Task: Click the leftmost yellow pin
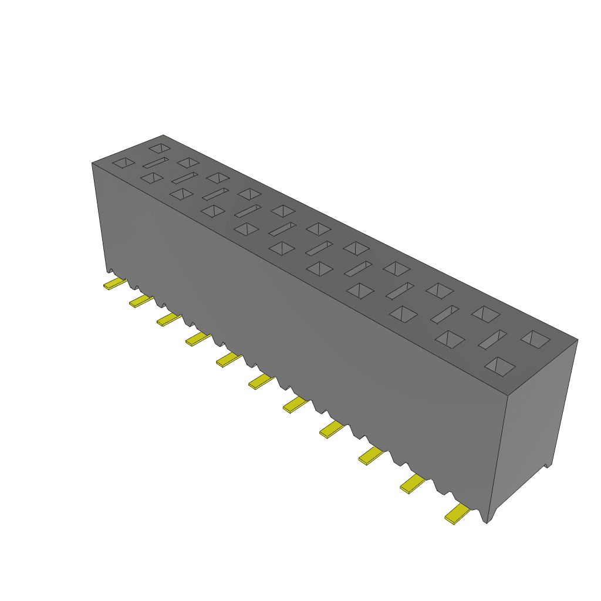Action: tap(114, 284)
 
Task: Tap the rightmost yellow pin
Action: tap(458, 515)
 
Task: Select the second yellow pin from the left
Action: tap(141, 301)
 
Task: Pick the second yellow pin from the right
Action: tap(413, 483)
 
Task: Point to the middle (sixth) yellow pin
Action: tap(261, 382)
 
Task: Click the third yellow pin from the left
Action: tap(169, 319)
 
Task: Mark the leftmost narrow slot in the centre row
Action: tap(156, 163)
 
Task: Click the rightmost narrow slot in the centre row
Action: tap(492, 339)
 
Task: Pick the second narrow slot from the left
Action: tap(184, 177)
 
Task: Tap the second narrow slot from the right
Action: tap(445, 314)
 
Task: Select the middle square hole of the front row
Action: tap(282, 248)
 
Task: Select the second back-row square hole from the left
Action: tap(188, 162)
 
